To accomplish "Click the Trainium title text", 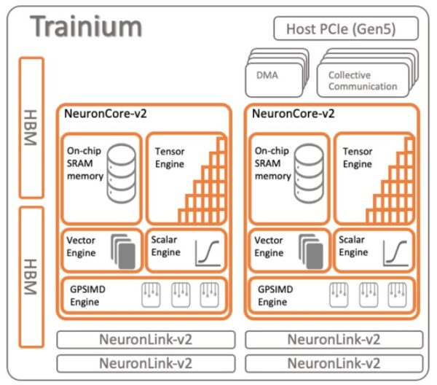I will [x=87, y=26].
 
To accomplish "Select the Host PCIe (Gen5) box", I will [x=346, y=29].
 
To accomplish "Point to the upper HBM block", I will [x=30, y=127].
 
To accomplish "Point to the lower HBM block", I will [x=30, y=277].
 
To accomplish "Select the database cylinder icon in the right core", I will [x=308, y=174].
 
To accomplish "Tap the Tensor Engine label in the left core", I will [x=170, y=157].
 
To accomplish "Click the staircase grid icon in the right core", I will [x=393, y=190].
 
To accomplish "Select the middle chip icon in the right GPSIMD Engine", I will [x=365, y=294].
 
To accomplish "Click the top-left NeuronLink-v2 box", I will [x=146, y=339].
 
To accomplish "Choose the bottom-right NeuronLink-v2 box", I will [x=333, y=362].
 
